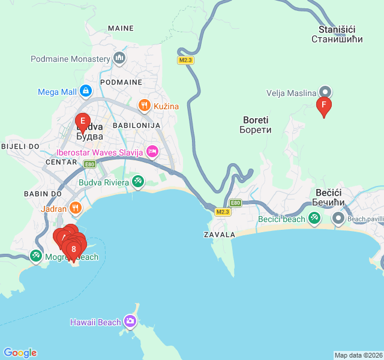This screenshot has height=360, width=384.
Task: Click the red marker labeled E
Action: pos(83,121)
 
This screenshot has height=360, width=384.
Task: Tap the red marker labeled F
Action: pos(324,106)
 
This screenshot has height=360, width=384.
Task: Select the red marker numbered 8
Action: pos(74,249)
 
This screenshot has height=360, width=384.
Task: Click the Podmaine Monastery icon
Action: pos(119,58)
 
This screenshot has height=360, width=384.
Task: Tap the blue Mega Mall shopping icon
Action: pos(86,91)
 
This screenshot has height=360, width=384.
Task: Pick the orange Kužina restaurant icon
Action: pos(144,106)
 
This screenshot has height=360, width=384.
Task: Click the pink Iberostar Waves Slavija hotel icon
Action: pos(152,152)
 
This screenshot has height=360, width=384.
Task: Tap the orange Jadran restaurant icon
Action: pos(75,209)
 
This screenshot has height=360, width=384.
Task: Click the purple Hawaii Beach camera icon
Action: pos(130,322)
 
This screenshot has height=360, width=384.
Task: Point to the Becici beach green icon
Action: pos(314,218)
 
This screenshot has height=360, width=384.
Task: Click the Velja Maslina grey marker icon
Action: pos(325,92)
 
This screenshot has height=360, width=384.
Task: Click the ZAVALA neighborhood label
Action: pos(220,234)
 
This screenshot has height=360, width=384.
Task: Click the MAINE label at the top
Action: pos(121,28)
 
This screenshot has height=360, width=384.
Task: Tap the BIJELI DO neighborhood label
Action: pos(20,146)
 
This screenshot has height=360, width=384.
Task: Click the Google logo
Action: pos(20,353)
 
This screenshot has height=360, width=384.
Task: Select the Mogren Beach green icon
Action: pos(36,257)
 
